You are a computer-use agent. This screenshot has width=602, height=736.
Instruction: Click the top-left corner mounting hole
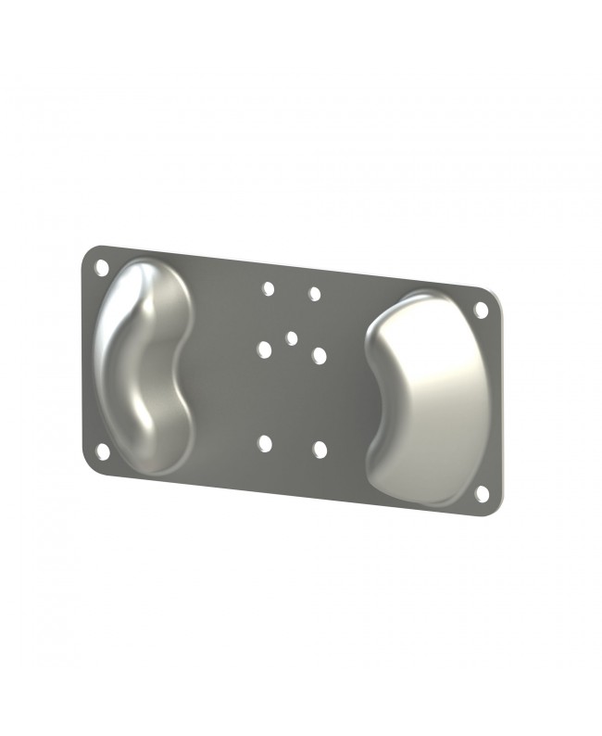(x=102, y=267)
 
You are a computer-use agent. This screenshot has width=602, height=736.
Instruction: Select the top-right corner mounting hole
(x=481, y=310)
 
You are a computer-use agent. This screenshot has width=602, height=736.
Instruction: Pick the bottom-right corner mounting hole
(x=482, y=494)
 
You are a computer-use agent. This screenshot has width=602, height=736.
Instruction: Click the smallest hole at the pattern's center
(x=292, y=338)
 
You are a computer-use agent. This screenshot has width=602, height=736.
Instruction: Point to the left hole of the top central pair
(x=268, y=288)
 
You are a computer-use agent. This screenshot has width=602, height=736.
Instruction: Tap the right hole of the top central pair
(x=315, y=294)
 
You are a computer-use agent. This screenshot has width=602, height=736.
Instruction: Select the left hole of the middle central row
(x=265, y=349)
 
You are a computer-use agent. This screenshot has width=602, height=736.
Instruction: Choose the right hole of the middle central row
(x=320, y=355)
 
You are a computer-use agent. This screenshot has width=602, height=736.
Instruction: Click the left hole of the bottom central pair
(x=266, y=444)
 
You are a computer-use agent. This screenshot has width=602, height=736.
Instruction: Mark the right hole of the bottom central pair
(x=320, y=450)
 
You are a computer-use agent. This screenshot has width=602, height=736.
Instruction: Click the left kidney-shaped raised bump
(x=144, y=362)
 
